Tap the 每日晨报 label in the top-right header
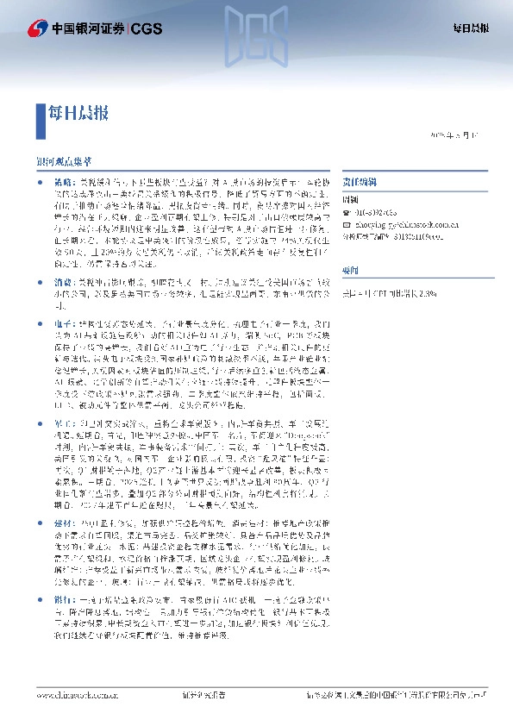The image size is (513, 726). pyautogui.click(x=472, y=28)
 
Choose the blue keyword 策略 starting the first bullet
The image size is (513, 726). pyautogui.click(x=64, y=185)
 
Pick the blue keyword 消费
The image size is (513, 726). pyautogui.click(x=64, y=283)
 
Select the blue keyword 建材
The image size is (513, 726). pyautogui.click(x=64, y=523)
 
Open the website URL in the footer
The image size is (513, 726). pyautogui.click(x=77, y=694)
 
